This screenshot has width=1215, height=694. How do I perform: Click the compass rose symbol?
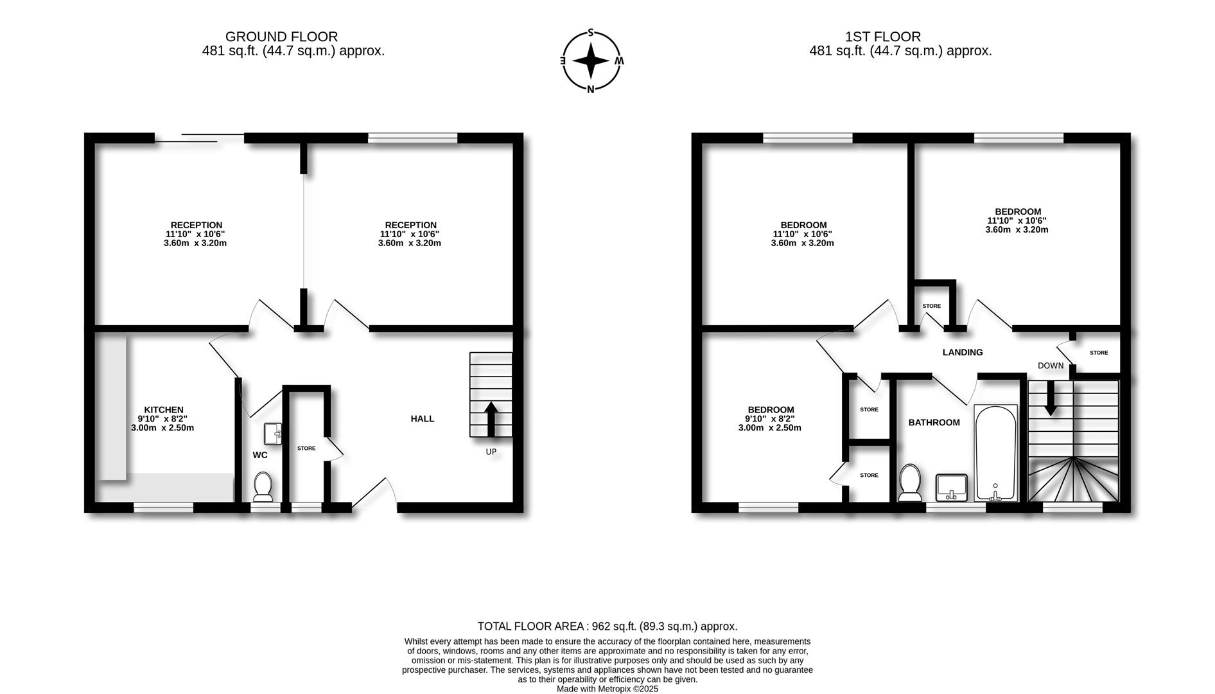tap(591, 61)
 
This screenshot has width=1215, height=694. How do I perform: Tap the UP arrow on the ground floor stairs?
tap(491, 419)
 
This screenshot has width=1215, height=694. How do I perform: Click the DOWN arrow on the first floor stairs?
tap(1051, 398)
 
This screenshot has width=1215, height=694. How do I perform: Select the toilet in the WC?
tap(263, 487)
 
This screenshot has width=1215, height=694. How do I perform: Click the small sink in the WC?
tap(273, 433)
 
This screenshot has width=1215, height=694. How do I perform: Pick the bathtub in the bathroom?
tap(995, 453)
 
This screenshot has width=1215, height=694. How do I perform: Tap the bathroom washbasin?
tap(952, 487)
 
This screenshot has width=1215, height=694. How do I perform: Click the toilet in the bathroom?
tap(909, 483)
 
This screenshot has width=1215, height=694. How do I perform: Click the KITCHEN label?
tap(163, 409)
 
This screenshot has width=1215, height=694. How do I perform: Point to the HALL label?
tap(423, 418)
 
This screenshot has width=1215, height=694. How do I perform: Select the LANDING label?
tap(962, 352)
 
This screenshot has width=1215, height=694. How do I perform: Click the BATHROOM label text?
tap(934, 422)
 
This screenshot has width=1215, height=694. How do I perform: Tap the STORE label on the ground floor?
tap(306, 448)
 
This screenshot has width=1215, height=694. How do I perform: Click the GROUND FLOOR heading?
tap(281, 37)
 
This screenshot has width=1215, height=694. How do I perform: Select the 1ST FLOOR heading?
tap(882, 37)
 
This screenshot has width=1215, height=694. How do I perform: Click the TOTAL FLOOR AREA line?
tap(607, 626)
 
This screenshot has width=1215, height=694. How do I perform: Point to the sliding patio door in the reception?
tap(199, 138)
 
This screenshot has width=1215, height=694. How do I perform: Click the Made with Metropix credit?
tap(607, 689)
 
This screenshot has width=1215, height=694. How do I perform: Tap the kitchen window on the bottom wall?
tap(163, 507)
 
